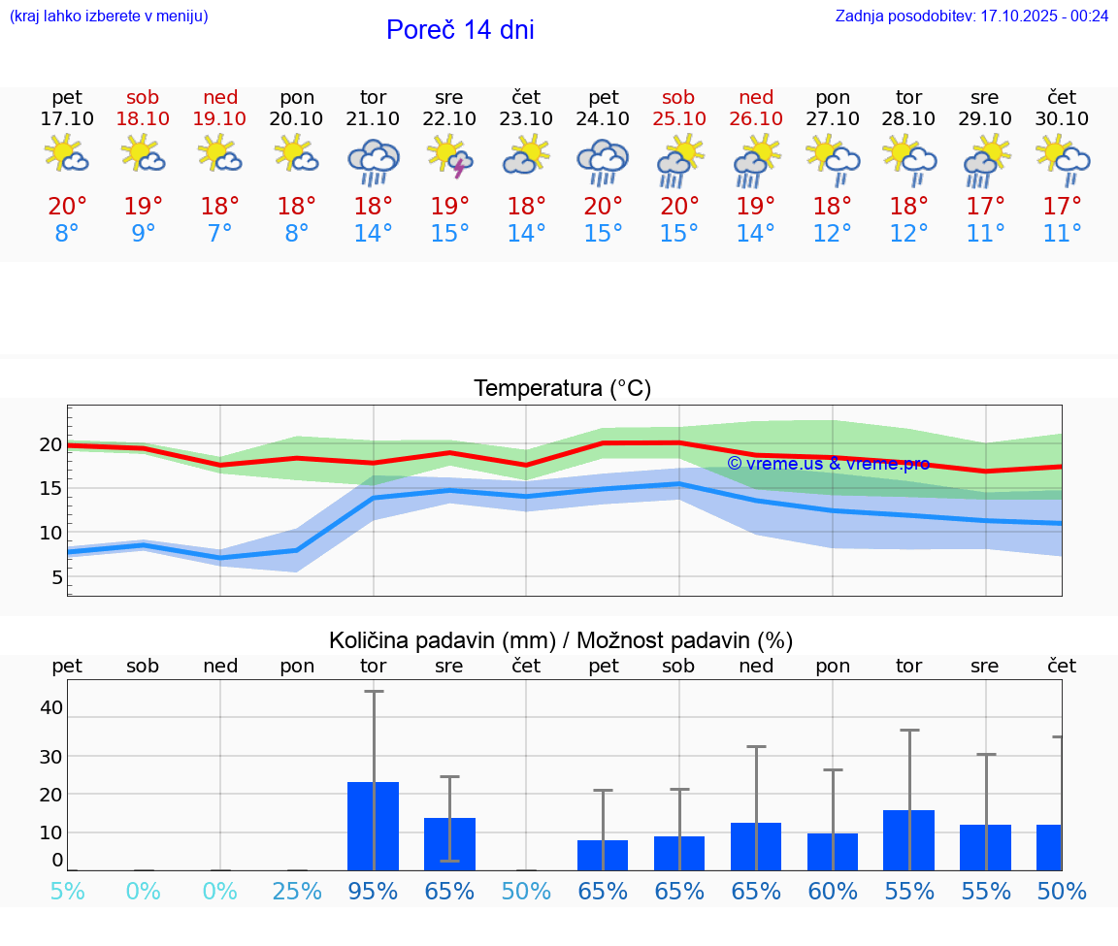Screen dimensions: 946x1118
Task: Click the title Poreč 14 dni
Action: click(460, 30)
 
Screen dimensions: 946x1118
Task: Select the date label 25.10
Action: click(678, 118)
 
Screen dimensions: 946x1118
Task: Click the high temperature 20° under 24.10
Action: click(603, 207)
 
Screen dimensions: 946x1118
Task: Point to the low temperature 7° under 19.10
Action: click(220, 234)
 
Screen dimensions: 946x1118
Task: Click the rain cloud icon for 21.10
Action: click(374, 160)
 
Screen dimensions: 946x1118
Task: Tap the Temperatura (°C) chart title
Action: click(562, 388)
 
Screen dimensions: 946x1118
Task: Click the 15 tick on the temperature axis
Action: click(50, 489)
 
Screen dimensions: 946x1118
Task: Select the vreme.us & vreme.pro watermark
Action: click(828, 464)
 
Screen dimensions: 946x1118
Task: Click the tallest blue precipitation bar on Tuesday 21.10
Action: click(374, 826)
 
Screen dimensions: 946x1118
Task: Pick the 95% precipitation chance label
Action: click(374, 891)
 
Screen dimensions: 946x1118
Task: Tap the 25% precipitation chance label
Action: click(297, 891)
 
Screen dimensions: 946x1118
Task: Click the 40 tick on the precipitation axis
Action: click(50, 707)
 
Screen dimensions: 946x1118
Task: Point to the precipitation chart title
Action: click(561, 640)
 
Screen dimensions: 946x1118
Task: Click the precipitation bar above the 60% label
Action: click(833, 852)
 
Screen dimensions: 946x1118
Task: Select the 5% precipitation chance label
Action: click(67, 891)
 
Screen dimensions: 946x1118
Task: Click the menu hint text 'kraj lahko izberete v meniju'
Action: click(109, 16)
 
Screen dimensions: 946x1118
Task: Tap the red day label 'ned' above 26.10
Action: click(756, 97)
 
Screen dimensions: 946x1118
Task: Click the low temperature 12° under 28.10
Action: click(909, 234)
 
